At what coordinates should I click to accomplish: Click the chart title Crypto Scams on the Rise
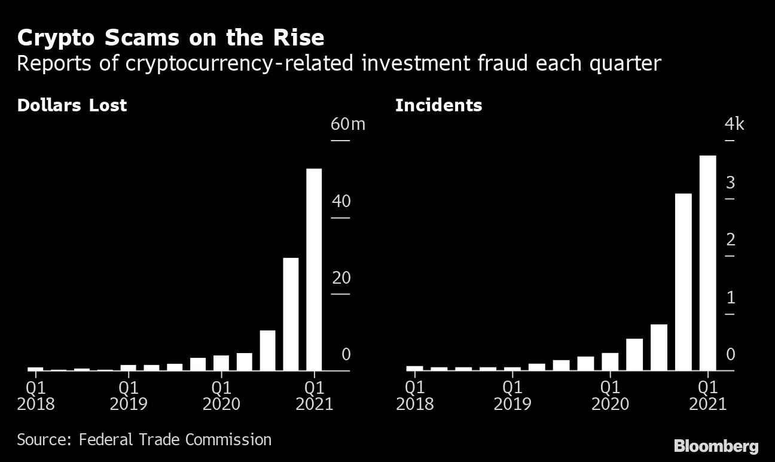click(170, 38)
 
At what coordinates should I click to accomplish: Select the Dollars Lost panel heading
click(72, 105)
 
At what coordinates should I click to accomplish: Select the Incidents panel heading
click(438, 105)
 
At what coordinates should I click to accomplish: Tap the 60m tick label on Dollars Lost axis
click(347, 124)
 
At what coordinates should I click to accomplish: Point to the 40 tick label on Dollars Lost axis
click(341, 202)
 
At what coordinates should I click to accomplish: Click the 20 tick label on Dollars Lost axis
click(341, 278)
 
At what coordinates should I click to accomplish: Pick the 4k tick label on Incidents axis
click(734, 124)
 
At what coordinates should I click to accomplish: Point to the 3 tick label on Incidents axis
click(730, 183)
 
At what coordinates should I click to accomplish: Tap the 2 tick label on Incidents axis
click(730, 241)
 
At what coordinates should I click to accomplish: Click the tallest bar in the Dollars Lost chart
click(314, 269)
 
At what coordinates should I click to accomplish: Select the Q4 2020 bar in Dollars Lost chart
click(291, 314)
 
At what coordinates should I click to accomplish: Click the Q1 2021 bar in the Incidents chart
click(707, 263)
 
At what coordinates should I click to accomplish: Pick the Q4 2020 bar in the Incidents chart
click(683, 282)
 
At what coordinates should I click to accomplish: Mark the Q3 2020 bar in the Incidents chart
click(658, 347)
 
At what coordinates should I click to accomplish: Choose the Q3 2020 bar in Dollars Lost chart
click(267, 350)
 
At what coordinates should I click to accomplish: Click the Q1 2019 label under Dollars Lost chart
click(129, 395)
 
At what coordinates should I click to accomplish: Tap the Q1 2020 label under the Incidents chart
click(610, 395)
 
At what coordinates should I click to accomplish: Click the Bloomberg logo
click(716, 446)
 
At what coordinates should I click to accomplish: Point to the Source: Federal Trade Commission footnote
click(144, 440)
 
